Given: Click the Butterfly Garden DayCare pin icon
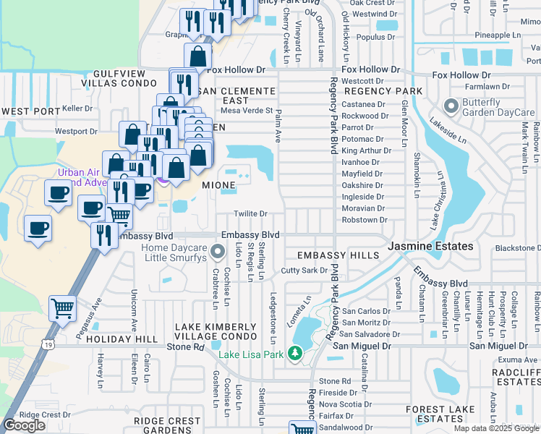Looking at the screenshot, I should coord(452,108).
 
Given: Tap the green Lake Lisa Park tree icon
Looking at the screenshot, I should coord(295,353).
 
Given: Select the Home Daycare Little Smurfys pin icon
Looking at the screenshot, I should coord(218,252).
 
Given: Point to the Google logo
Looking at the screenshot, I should coord(25,425).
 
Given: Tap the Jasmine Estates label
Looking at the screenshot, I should coord(431,247).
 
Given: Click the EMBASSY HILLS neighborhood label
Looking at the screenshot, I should coord(338,256).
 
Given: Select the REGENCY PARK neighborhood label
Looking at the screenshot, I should coord(383,92).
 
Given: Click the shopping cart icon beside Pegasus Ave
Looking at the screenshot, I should coord(63,308).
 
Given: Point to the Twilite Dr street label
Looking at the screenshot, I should coord(251,214).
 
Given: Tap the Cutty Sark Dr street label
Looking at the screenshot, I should coord(304,271).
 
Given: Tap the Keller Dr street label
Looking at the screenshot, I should coord(79,109).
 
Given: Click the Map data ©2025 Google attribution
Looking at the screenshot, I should coord(496,428).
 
